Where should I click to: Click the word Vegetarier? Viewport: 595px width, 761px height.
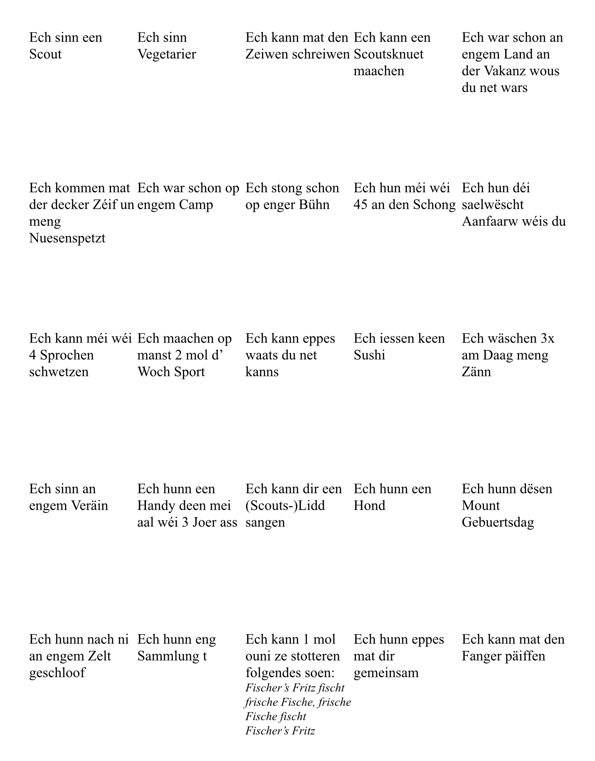coord(167,54)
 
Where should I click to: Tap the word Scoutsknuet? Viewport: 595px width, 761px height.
coord(388,54)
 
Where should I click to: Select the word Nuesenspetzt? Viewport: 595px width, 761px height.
coord(67,238)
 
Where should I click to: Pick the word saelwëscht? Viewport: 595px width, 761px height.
coord(492,205)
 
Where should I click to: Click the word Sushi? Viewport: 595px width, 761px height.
coord(369,355)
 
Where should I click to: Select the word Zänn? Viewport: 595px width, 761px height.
coord(476,372)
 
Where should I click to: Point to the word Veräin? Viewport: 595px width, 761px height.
coord(89,506)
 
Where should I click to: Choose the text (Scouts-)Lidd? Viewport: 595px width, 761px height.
coord(285,506)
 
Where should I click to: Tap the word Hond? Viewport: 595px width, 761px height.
coord(369,506)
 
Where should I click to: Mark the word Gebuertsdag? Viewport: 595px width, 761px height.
coord(498,522)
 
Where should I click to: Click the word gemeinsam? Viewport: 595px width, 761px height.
coord(386,673)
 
